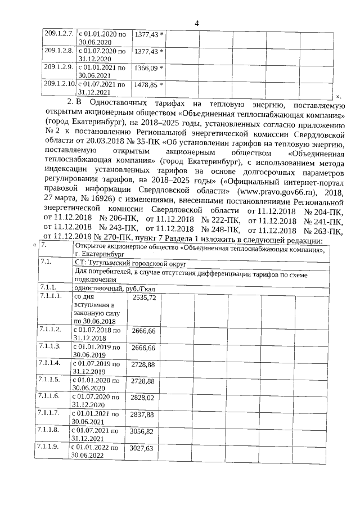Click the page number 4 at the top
196,22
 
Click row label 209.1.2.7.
59,34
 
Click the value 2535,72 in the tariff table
144,296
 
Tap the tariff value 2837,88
142,415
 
